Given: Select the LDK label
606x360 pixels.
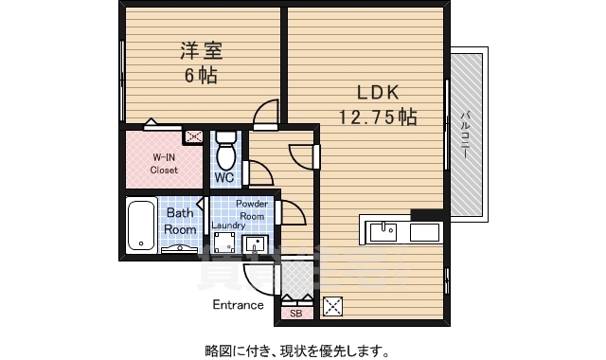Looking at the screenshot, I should coord(379,93).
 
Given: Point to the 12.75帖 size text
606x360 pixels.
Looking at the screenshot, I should coord(379,117).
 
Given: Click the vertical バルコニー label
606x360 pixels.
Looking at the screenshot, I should coord(465,135).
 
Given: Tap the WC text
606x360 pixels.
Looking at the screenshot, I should coord(224,177).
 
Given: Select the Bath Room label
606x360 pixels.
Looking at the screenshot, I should coord(180,222).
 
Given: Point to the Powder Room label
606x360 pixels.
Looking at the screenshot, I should coord(251,209).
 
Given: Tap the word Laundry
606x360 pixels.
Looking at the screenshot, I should coord(228,225).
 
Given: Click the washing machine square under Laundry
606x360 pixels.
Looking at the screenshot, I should coord(224,243).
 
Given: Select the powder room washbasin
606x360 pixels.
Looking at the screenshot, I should coord(255,245).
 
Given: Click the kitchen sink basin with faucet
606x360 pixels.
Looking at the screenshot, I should coord(383,230).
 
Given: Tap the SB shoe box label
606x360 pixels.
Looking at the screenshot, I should coord(294,313).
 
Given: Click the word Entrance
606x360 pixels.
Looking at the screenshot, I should coord(238,305).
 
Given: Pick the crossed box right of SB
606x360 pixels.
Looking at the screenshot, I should coord(332,306).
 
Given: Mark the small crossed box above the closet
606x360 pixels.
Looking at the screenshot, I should coord(193,135).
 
